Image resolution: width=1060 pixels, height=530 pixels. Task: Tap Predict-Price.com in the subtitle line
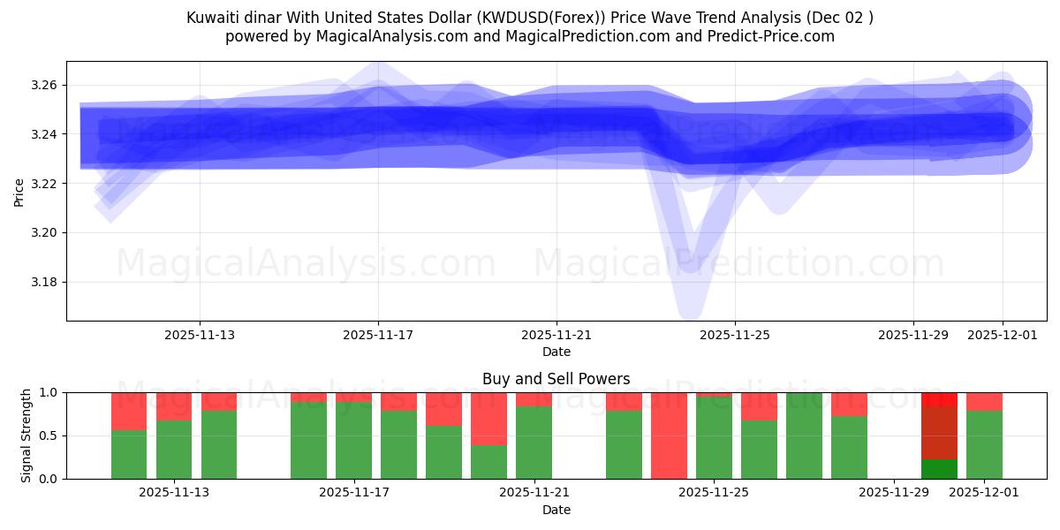768,36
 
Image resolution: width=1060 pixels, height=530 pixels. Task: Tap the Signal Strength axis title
26,435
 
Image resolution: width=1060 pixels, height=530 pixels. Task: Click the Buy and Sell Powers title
556,379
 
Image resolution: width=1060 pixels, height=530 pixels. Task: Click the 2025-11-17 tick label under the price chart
378,335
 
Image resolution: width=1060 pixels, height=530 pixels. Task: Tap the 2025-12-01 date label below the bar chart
984,493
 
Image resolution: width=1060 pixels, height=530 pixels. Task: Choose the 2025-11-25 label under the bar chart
714,493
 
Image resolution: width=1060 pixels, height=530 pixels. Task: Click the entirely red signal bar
669,435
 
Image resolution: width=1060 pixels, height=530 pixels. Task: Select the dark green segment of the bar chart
939,469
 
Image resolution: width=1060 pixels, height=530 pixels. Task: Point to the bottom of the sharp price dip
690,305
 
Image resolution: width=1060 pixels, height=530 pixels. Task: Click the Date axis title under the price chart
556,352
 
